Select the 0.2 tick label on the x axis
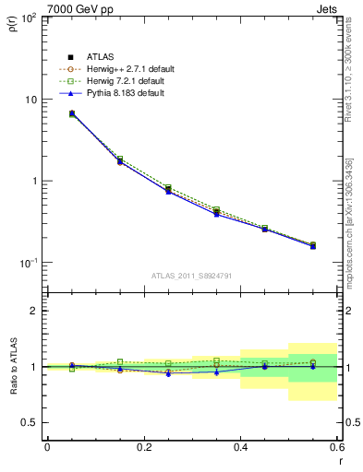143,447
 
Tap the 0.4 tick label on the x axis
240,447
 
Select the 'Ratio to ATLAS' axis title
12,366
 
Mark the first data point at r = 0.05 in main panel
72,113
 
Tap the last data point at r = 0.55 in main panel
313,246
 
